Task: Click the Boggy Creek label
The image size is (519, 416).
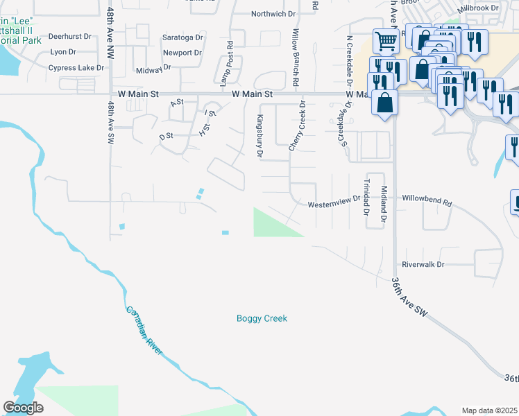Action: pos(262,319)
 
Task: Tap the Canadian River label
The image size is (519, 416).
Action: pos(144,331)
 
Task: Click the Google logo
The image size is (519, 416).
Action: pos(23,408)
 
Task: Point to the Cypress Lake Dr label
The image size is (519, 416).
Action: pos(76,68)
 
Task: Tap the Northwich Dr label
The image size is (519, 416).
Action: pos(273,14)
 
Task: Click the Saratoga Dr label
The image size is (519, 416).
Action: pos(183,37)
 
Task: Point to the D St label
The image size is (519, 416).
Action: pos(166,137)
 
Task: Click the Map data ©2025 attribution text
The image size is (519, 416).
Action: pos(490,410)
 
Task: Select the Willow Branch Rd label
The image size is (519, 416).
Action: pos(296,57)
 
